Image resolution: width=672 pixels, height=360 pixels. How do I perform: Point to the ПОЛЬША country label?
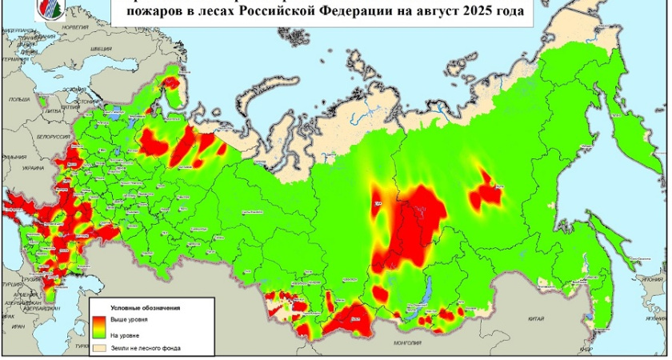15,100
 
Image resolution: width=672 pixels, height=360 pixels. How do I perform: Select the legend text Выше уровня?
129,319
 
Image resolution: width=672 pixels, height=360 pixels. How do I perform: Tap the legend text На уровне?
125,334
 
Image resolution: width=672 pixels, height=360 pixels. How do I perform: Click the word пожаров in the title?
154,13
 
